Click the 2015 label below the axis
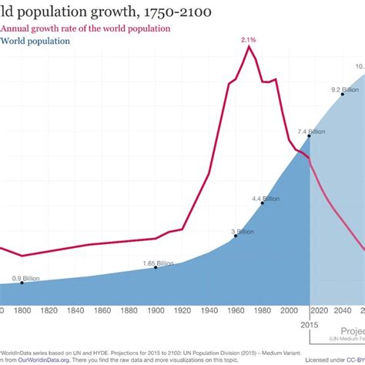tap(310, 325)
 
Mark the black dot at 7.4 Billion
tap(310, 137)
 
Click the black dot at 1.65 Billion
tap(155, 269)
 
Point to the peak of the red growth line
tap(249, 46)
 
